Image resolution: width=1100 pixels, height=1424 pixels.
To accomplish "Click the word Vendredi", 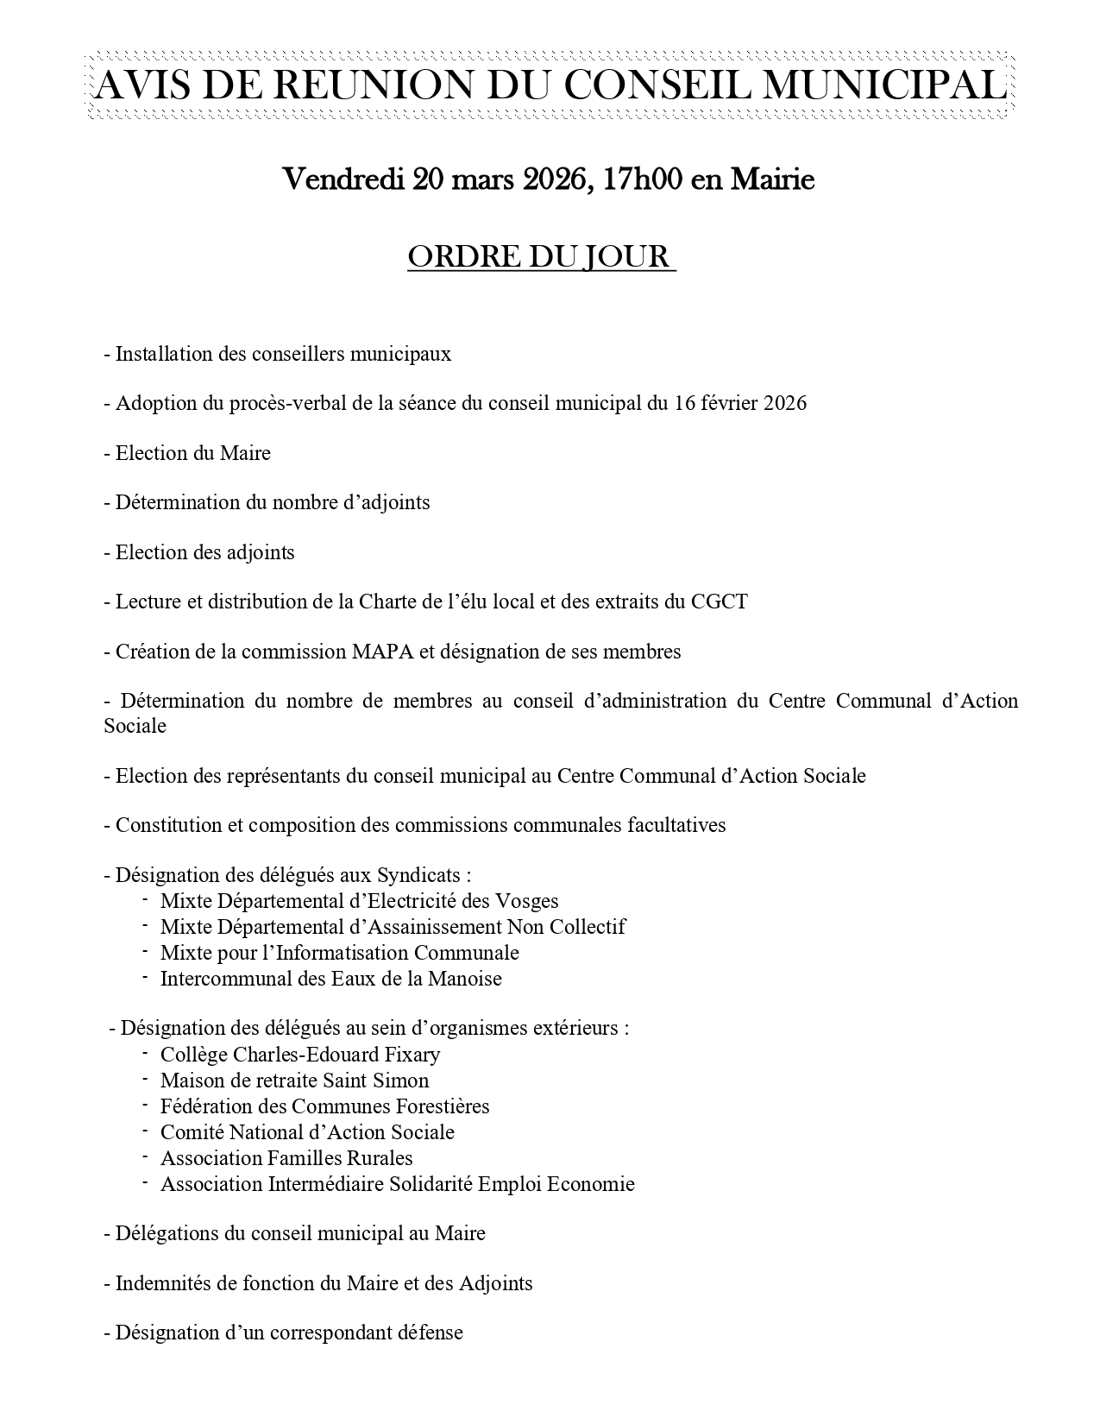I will click(343, 180).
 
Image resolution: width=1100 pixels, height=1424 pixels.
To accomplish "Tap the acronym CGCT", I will click(720, 602).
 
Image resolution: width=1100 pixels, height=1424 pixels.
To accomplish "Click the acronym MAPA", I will click(382, 652).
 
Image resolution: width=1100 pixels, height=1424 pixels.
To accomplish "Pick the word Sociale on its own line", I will click(135, 726).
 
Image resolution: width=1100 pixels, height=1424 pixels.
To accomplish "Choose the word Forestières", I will click(442, 1106).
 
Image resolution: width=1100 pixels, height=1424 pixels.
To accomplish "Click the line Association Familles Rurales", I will click(286, 1158).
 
